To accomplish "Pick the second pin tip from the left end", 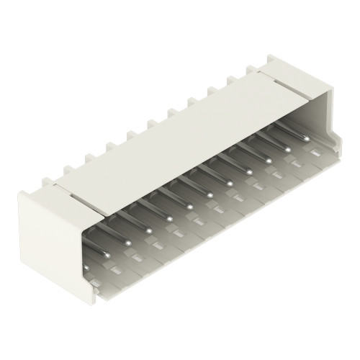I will [x=127, y=242].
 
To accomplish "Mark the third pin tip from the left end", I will [x=148, y=230].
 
